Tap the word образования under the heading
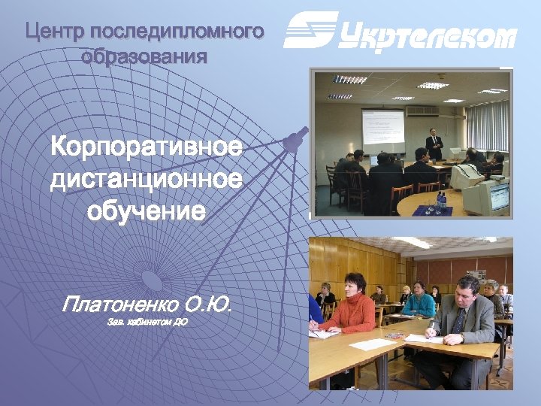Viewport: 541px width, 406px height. coord(144,56)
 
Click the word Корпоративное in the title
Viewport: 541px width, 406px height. coord(147,147)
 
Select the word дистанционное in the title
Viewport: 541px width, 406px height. coord(147,180)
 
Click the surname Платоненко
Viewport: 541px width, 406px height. coord(120,306)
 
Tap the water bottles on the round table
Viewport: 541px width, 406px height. coord(441,200)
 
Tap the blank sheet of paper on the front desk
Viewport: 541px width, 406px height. coord(373,344)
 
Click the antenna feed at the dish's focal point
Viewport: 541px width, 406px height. coord(295,139)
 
